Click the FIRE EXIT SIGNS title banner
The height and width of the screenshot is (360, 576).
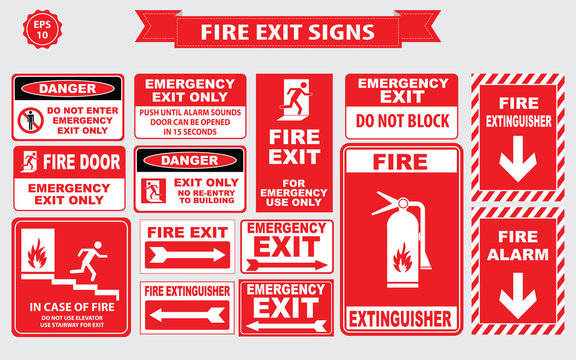click(288, 32)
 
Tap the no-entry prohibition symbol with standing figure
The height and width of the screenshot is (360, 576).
click(29, 122)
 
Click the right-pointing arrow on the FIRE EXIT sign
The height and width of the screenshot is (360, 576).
click(187, 256)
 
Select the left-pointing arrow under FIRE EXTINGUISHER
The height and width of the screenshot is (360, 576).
click(187, 317)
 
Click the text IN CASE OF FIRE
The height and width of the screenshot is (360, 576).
click(71, 307)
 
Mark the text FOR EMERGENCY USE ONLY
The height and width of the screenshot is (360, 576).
click(288, 195)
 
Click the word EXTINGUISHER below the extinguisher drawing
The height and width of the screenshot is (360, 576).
click(400, 321)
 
